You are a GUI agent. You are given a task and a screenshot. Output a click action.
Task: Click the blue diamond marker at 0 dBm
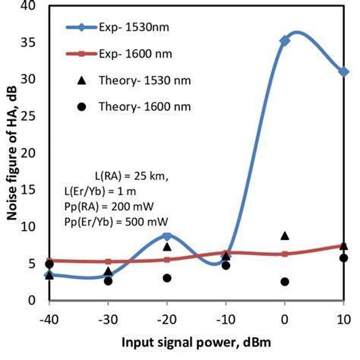tap(285, 41)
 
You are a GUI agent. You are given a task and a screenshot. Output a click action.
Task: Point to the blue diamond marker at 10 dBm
tap(344, 71)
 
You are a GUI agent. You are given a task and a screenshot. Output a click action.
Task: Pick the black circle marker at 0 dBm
tap(285, 282)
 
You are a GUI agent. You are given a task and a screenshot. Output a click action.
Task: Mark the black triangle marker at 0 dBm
tap(285, 236)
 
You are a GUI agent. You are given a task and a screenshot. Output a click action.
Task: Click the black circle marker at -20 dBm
tap(167, 278)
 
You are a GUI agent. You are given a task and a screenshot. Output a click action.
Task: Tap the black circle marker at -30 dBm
tap(108, 281)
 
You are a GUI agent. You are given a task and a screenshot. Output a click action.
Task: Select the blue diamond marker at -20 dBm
tap(167, 237)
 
